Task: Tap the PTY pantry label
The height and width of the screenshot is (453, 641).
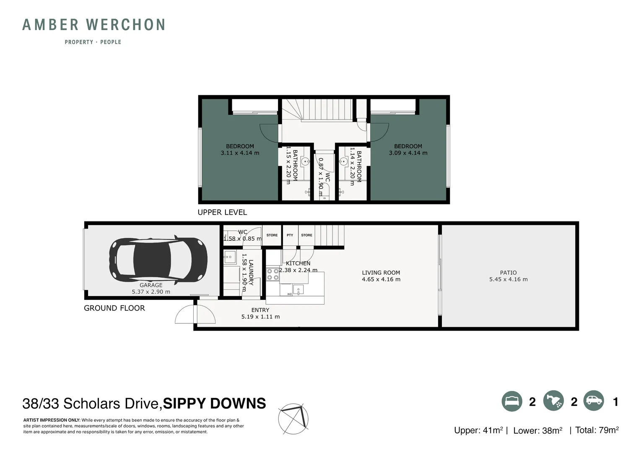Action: point(290,235)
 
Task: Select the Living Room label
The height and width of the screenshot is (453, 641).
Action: point(381,273)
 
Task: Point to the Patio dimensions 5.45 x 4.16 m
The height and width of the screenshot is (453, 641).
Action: point(508,279)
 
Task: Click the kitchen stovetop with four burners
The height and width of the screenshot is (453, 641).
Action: point(273,274)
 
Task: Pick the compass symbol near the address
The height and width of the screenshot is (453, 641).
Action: point(293,419)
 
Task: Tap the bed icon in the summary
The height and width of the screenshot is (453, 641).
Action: point(512,401)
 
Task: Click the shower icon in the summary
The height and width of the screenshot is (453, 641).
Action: point(553,401)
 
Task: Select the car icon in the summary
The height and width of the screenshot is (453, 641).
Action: point(594,401)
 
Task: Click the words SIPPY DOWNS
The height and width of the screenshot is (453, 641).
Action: point(214,403)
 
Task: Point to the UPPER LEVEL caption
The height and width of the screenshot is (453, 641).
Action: point(222,212)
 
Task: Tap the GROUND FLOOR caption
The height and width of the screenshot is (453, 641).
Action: point(114,308)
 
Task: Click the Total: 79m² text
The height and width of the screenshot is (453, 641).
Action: point(597,430)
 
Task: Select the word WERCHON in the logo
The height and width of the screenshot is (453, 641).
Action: point(126,25)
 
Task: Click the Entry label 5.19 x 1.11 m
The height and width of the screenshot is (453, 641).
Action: point(260,313)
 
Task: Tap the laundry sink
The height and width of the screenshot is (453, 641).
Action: point(229,257)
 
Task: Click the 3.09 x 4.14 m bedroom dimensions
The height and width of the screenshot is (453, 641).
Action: point(408,153)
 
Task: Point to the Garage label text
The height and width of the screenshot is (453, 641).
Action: point(151,285)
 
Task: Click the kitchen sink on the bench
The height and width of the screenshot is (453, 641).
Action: point(298,290)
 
